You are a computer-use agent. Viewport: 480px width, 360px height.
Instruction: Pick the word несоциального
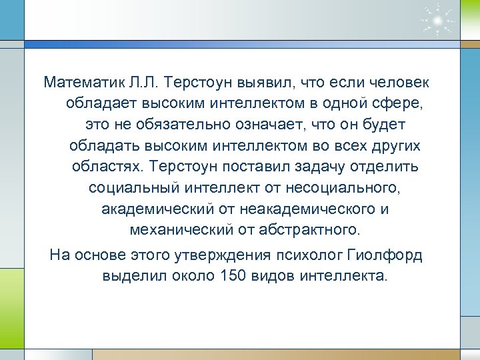pyautogui.click(x=341, y=189)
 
